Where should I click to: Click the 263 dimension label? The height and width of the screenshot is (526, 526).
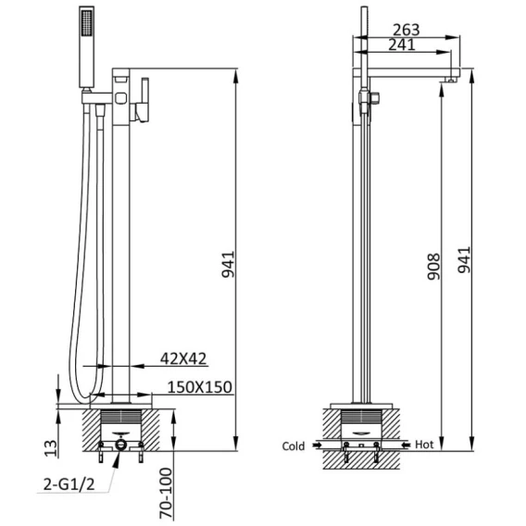406,30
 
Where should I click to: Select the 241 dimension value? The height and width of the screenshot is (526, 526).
402,44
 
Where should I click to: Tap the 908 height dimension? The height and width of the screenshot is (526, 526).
433,267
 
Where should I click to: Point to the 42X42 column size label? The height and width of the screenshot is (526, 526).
183,358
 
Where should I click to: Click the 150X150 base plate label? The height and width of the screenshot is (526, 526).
200,387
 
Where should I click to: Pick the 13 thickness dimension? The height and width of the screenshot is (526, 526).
51,448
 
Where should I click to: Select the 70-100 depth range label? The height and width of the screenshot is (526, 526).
166,493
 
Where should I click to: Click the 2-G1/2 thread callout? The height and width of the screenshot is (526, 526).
69,484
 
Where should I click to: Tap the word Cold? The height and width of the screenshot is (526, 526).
294,446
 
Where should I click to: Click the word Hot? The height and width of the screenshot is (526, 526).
424,445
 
